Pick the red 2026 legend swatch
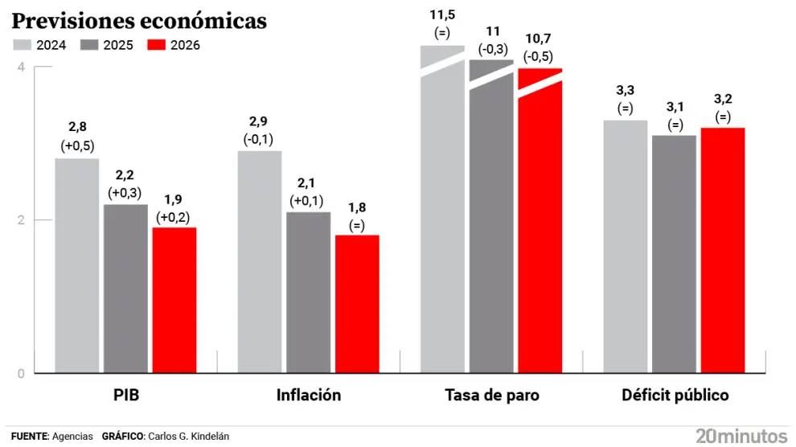click(158, 45)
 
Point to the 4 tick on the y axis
click(20, 67)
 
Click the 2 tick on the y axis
click(20, 220)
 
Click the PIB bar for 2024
click(77, 265)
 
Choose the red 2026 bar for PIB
click(174, 301)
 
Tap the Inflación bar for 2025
click(308, 293)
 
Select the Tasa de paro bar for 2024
click(443, 217)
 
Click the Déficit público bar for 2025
click(674, 254)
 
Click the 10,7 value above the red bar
click(539, 39)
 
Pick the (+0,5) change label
click(77, 146)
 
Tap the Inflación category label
click(309, 396)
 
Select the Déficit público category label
click(675, 396)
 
